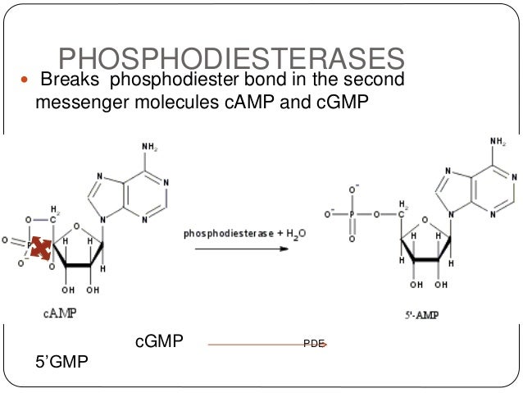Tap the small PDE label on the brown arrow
coord(314,345)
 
